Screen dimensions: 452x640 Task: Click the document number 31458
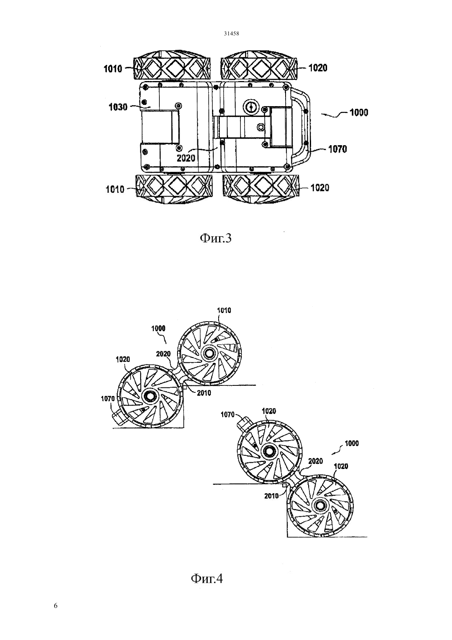tap(231, 33)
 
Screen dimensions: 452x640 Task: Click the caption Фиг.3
tap(215, 238)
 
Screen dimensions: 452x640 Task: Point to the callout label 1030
tap(118, 107)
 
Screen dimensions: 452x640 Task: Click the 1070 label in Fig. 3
tap(338, 149)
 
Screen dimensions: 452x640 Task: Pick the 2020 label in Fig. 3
tap(186, 158)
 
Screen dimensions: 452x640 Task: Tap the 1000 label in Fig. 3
tap(359, 113)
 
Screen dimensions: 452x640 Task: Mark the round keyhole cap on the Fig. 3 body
tap(251, 107)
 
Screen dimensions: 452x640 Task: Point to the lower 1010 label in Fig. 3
tap(115, 190)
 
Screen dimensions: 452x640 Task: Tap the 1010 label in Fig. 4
tap(224, 310)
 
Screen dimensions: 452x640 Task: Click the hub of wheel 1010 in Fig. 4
tap(210, 353)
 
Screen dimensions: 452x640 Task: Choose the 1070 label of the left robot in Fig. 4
tap(108, 399)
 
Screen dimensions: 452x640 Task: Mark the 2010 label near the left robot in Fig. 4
tap(204, 393)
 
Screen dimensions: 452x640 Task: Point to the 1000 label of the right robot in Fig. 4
tap(352, 443)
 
